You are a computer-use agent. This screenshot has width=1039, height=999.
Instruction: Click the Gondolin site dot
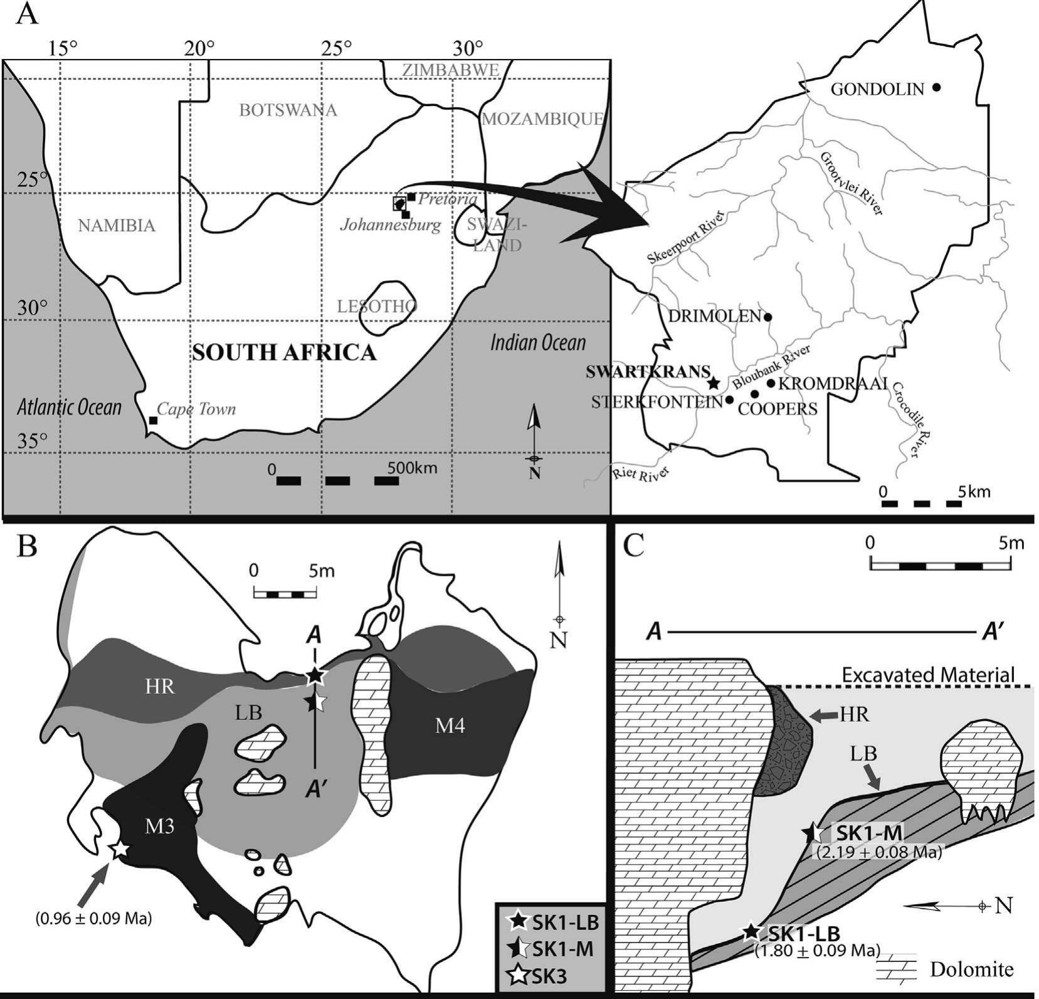click(936, 88)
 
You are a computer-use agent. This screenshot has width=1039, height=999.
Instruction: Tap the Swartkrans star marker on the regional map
click(712, 383)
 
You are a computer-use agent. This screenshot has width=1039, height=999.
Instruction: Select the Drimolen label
click(714, 315)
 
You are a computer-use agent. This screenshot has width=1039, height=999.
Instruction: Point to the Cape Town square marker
click(152, 420)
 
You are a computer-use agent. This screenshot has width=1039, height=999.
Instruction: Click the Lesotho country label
click(376, 307)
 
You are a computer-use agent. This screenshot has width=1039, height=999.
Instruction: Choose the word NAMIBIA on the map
click(117, 225)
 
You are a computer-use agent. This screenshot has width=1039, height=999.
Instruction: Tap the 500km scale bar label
click(412, 468)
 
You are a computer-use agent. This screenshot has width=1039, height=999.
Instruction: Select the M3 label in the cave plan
click(160, 827)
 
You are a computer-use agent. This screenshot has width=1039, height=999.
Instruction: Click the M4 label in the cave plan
click(450, 727)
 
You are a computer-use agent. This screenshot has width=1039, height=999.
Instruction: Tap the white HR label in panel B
click(159, 686)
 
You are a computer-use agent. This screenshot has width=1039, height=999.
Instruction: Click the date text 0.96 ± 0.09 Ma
click(94, 919)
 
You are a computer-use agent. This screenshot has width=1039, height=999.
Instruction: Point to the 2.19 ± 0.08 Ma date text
click(879, 852)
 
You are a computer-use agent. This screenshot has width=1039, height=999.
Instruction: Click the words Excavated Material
click(928, 675)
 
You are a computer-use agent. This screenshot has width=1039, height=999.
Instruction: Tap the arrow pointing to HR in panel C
click(823, 714)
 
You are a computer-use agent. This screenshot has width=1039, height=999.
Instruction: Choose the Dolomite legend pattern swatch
click(897, 968)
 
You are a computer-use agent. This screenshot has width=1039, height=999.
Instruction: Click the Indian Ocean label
click(538, 342)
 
